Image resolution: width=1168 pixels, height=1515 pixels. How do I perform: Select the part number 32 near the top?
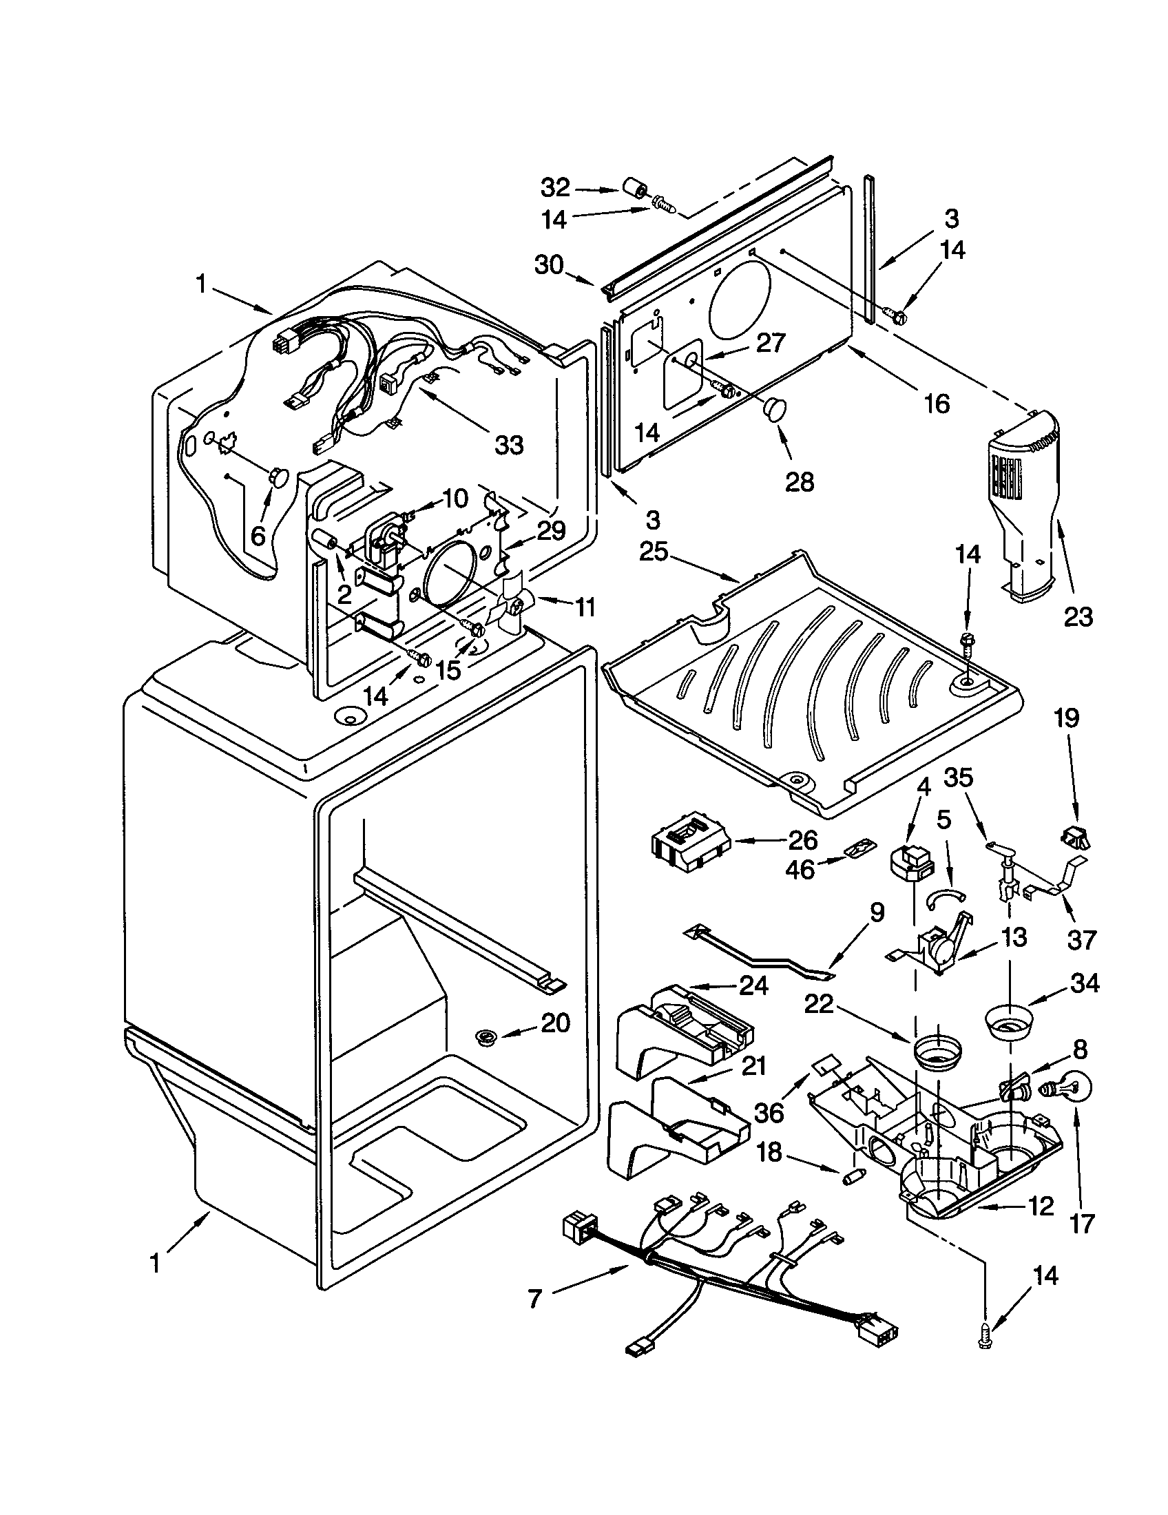tap(555, 187)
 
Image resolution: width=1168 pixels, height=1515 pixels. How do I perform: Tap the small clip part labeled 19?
tap(1074, 837)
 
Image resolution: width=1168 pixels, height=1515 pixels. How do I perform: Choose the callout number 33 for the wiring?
tap(508, 445)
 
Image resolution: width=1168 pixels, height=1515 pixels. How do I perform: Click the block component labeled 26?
tap(690, 848)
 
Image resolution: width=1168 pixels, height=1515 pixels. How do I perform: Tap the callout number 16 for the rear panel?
tap(937, 403)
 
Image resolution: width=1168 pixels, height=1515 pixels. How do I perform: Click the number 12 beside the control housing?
tap(1041, 1206)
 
